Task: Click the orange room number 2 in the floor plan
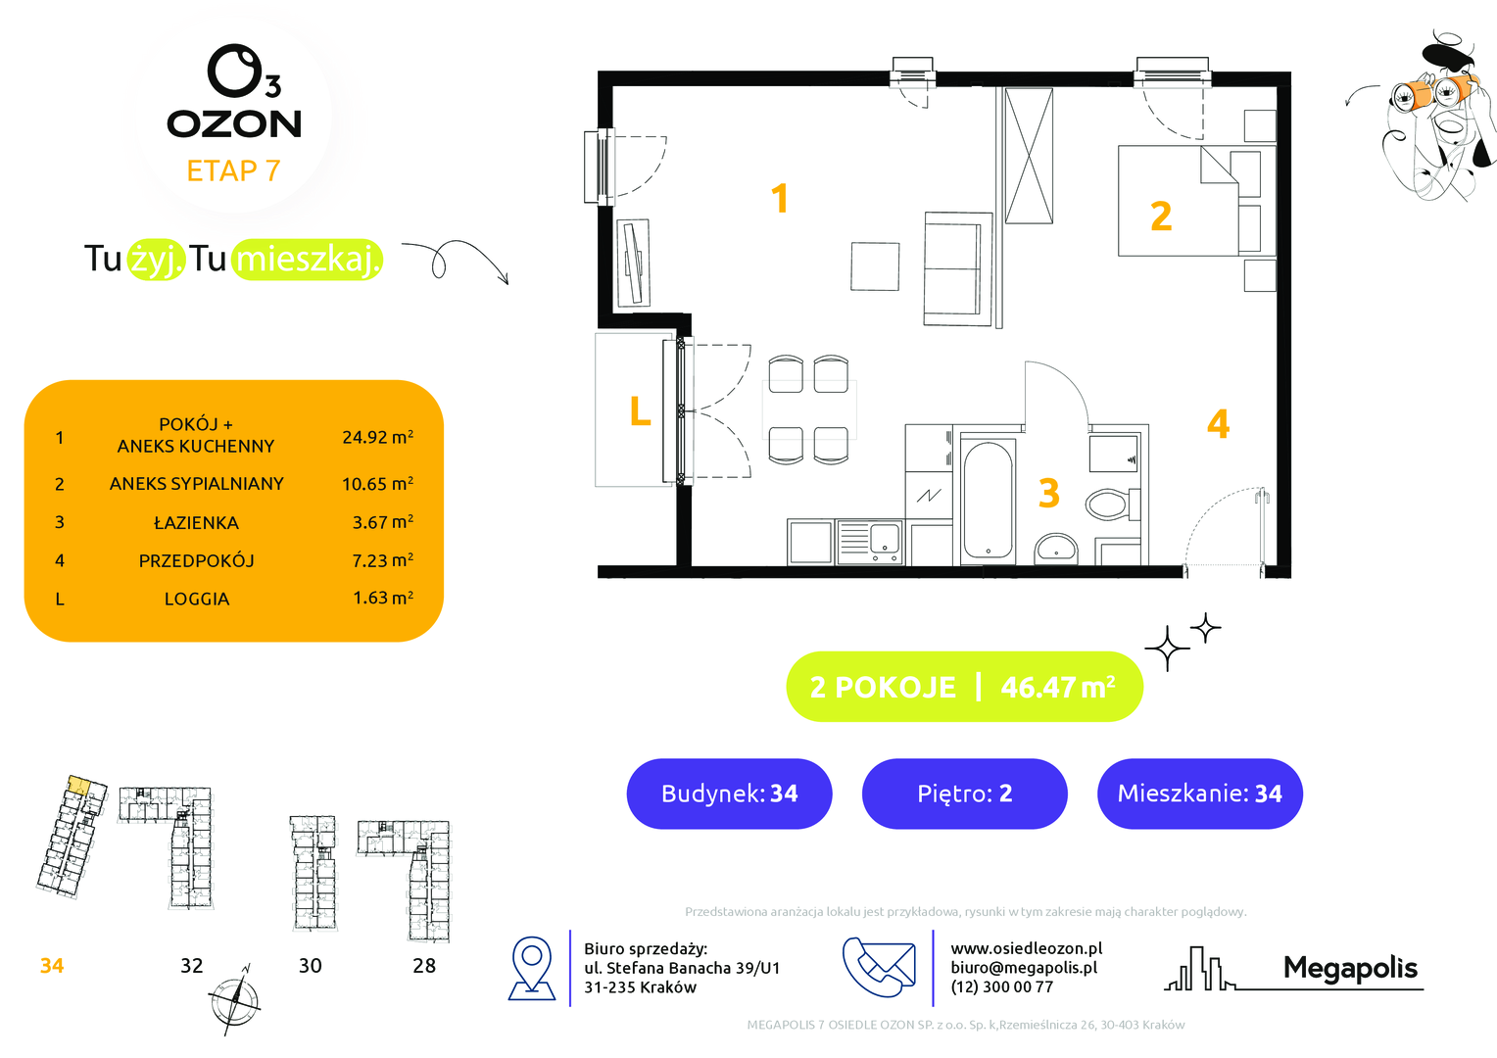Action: coord(1161,216)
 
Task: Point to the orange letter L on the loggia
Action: coord(640,411)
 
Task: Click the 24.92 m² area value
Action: coord(377,437)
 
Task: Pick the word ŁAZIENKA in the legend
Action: coord(196,522)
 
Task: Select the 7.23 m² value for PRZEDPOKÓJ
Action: coord(382,559)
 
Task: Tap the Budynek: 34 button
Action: coord(729,793)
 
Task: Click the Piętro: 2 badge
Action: coord(964,793)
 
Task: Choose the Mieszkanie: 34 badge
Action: coord(1199,793)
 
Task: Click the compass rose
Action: coord(234,1000)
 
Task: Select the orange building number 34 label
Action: coord(52,965)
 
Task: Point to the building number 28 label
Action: coord(423,965)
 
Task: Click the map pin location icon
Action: coord(532,968)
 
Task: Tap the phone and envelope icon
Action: coord(879,967)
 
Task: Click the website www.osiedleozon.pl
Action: coord(1027,948)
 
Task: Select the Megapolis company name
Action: coord(1350,968)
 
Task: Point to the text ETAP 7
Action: coord(233,171)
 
